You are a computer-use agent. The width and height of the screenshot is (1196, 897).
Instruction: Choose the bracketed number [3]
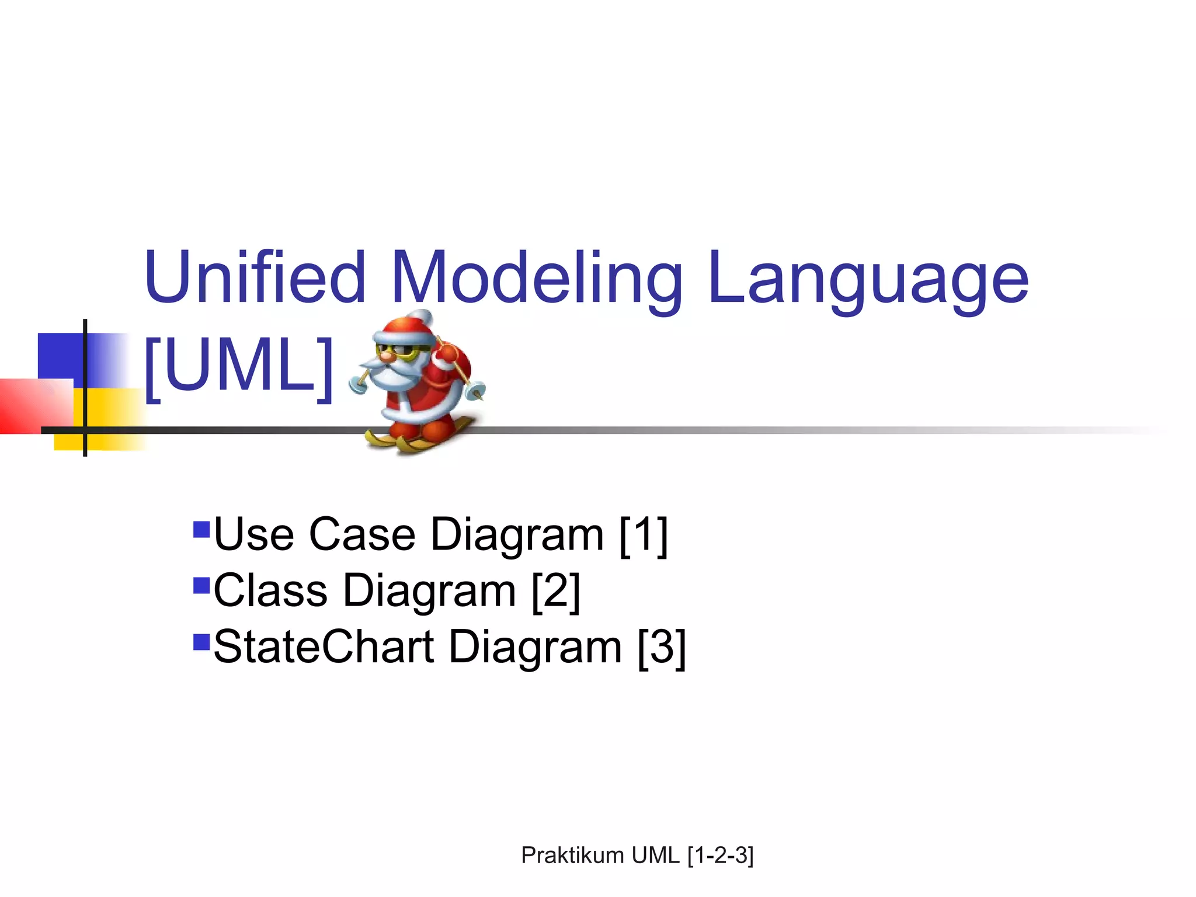(662, 647)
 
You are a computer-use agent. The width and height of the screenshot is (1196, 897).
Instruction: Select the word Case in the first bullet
(362, 534)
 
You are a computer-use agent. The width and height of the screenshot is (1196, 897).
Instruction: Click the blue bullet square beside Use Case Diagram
(201, 529)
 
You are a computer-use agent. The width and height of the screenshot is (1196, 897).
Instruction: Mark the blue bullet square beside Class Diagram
(201, 585)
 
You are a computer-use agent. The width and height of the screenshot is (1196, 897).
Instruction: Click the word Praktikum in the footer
(573, 856)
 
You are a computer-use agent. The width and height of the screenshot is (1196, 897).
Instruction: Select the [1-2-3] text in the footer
(721, 856)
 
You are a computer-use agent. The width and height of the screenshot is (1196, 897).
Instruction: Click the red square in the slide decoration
(35, 406)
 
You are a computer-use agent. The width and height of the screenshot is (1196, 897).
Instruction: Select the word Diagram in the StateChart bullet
(535, 647)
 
